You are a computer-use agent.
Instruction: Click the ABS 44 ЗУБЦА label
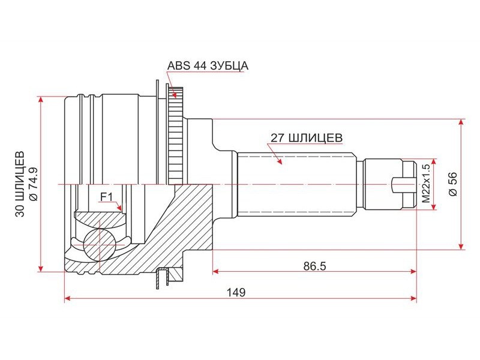pyautogui.click(x=208, y=65)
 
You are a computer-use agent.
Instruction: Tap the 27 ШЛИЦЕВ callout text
pyautogui.click(x=307, y=138)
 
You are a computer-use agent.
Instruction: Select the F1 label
pyautogui.click(x=107, y=197)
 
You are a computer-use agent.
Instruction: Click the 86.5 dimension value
pyautogui.click(x=314, y=266)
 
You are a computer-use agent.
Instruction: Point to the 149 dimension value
pyautogui.click(x=236, y=293)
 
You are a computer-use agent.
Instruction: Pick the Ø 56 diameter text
pyautogui.click(x=452, y=184)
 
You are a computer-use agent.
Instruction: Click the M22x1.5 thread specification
pyautogui.click(x=427, y=184)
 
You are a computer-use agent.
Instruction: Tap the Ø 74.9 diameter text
pyautogui.click(x=32, y=184)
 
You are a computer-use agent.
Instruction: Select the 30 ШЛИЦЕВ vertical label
pyautogui.click(x=20, y=184)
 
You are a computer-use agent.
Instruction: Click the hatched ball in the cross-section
pyautogui.click(x=100, y=245)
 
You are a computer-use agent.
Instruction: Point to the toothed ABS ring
pyautogui.click(x=176, y=136)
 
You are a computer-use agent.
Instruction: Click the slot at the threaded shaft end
pyautogui.click(x=404, y=185)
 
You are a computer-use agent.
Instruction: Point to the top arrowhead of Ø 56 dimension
pyautogui.click(x=461, y=122)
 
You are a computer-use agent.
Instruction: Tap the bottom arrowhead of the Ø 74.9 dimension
pyautogui.click(x=40, y=268)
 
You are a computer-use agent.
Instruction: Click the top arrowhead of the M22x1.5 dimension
pyautogui.click(x=433, y=161)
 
